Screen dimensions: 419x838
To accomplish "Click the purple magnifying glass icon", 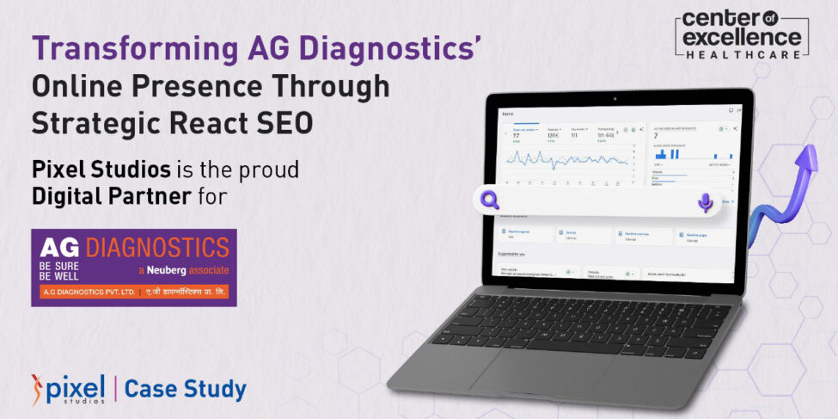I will tap(491, 200).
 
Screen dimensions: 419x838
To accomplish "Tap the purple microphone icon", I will tap(705, 202).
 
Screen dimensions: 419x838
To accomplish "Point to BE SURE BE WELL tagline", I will tap(58, 272).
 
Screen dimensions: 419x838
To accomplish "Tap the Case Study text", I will tap(186, 389).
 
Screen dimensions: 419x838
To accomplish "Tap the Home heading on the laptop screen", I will tap(509, 114).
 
